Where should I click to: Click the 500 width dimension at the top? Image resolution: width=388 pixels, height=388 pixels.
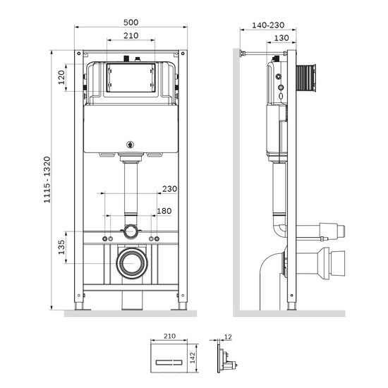128,23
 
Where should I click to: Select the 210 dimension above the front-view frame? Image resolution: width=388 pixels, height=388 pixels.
128,36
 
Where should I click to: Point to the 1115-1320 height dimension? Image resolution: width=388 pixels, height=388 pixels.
47,181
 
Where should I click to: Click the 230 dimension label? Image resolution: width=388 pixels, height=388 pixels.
170,188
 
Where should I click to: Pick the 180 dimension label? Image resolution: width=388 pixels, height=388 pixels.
164,211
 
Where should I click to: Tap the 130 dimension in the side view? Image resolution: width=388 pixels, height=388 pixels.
281,38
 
